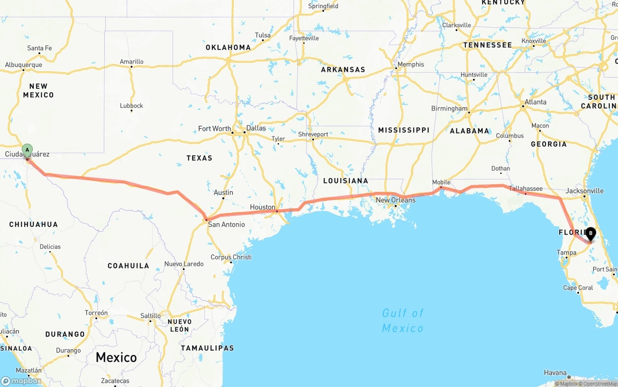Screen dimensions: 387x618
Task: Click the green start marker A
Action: [28, 150]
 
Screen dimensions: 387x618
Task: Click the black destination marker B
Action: [590, 234]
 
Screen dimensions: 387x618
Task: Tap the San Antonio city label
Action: [226, 224]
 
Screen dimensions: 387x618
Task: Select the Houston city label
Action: [262, 207]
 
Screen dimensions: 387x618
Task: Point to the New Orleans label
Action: [395, 200]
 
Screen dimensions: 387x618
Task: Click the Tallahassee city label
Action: [526, 188]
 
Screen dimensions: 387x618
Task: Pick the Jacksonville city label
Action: [584, 191]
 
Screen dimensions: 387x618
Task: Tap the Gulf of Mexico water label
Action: [403, 320]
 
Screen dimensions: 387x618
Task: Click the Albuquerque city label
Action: [24, 65]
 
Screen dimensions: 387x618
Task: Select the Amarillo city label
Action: [131, 62]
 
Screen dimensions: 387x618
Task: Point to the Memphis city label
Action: [410, 64]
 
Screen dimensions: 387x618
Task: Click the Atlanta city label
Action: [535, 102]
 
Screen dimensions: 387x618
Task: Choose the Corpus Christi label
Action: [231, 257]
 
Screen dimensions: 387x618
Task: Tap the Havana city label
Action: [555, 373]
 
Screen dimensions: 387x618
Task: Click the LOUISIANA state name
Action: [346, 181]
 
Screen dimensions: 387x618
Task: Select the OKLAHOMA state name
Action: [228, 47]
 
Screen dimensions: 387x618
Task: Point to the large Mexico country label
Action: [116, 357]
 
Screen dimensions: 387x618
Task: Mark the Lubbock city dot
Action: [131, 111]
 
